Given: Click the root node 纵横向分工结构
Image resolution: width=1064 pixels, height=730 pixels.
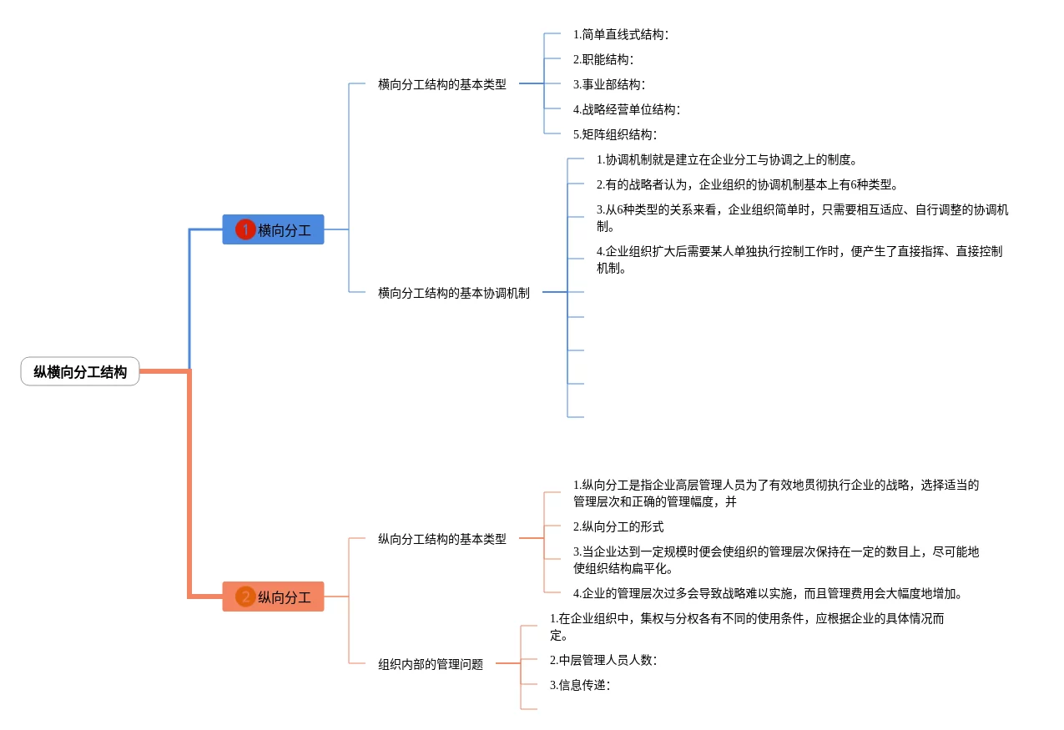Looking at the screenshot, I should coord(80,372).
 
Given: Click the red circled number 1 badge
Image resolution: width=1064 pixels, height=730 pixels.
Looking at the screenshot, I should coord(245,229).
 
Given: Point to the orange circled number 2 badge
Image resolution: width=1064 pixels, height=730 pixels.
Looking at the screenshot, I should coord(245,597).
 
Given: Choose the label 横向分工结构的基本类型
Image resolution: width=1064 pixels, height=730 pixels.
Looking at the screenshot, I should coord(441,84).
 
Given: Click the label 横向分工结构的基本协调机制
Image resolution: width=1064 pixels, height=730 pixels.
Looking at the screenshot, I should coord(453,293).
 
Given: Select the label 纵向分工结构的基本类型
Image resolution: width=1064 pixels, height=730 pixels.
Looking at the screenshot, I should coord(441,539).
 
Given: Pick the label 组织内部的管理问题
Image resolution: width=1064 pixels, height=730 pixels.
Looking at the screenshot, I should coord(430,664).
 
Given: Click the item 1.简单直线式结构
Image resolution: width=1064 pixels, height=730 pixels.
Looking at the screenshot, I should coord(620,34).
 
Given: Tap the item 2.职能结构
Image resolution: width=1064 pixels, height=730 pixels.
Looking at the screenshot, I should coord(603,59).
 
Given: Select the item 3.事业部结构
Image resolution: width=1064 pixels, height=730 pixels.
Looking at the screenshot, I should coord(608,84).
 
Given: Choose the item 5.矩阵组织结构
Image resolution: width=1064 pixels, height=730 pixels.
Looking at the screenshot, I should coord(614,134).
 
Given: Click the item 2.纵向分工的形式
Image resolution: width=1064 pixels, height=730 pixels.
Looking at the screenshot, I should coord(618,526).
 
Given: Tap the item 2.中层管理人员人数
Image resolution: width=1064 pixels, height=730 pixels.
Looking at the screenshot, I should coord(603,660).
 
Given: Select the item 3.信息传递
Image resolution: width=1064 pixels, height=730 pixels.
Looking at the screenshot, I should coord(579,685).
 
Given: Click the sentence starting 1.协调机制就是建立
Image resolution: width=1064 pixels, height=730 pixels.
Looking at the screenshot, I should coord(726,159).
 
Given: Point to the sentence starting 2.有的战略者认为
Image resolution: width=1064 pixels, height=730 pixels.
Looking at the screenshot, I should coord(747,184).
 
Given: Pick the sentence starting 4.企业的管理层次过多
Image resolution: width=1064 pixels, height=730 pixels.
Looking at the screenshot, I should coord(768,593).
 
